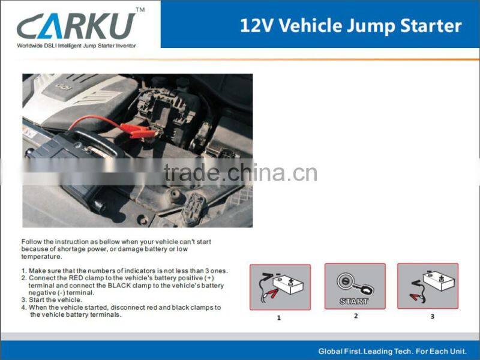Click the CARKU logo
click(76, 26)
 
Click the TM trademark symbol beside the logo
click(140, 10)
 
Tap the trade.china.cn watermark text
click(240, 173)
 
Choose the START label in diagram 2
click(354, 301)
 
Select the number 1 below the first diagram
click(278, 318)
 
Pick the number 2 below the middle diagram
click(355, 316)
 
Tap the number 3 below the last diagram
click(432, 316)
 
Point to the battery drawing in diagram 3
click(437, 280)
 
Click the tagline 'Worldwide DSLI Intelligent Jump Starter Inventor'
click(76, 46)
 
